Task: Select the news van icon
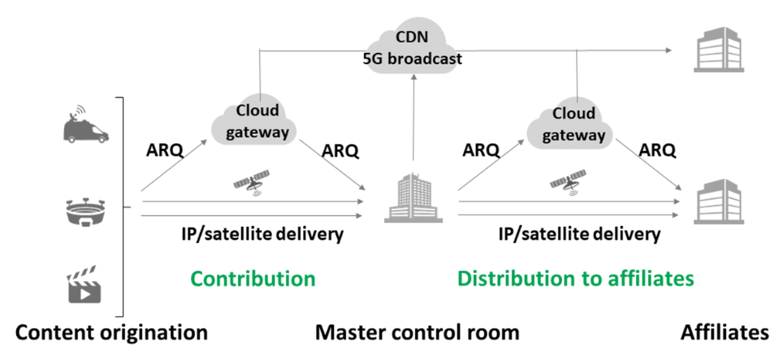point(84,125)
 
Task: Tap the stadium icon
point(85,210)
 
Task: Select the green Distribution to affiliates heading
point(575,279)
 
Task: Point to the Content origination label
point(112,332)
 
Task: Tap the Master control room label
point(417,332)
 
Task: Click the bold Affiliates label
point(724,332)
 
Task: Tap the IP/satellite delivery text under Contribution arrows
point(262,235)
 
